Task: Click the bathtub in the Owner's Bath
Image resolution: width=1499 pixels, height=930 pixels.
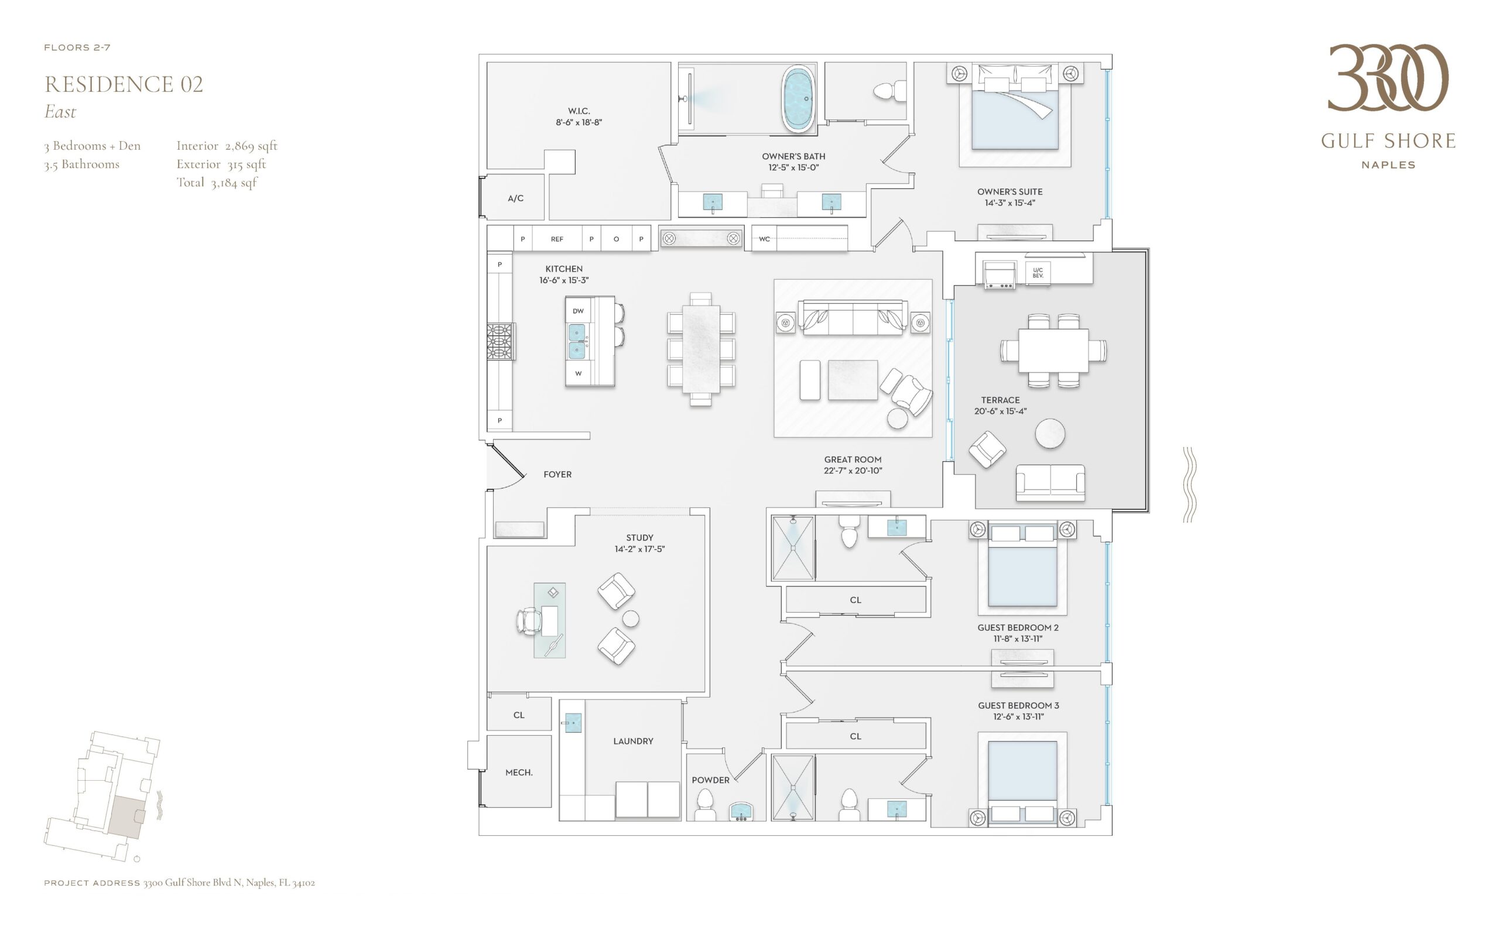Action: [x=799, y=98]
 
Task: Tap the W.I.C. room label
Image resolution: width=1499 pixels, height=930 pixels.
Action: [x=579, y=111]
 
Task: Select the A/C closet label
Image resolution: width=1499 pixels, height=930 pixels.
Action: [x=516, y=198]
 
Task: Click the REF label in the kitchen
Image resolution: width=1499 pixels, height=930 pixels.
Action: [x=557, y=239]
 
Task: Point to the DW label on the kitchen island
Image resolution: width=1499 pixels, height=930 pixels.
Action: [x=578, y=311]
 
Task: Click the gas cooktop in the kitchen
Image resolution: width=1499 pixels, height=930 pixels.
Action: [x=500, y=341]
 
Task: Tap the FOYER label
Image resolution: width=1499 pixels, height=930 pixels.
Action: [x=557, y=474]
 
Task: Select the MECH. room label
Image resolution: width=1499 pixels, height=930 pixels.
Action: [x=519, y=773]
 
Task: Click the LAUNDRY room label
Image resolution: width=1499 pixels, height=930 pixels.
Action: [x=633, y=741]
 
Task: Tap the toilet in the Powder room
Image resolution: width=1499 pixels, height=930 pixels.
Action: [x=704, y=805]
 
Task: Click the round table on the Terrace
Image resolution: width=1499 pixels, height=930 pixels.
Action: [x=1050, y=434]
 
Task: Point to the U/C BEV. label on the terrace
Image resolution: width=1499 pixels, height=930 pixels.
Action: [x=1038, y=273]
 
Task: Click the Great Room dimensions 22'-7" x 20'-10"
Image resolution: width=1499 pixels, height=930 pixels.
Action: [x=853, y=471]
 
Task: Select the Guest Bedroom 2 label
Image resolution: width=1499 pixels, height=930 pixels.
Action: [x=1018, y=627]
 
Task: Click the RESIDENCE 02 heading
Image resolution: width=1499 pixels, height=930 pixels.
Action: [x=124, y=84]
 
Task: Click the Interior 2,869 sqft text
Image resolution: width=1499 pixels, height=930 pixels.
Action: [x=227, y=146]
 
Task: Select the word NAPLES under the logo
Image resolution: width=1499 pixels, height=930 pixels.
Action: [x=1388, y=165]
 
